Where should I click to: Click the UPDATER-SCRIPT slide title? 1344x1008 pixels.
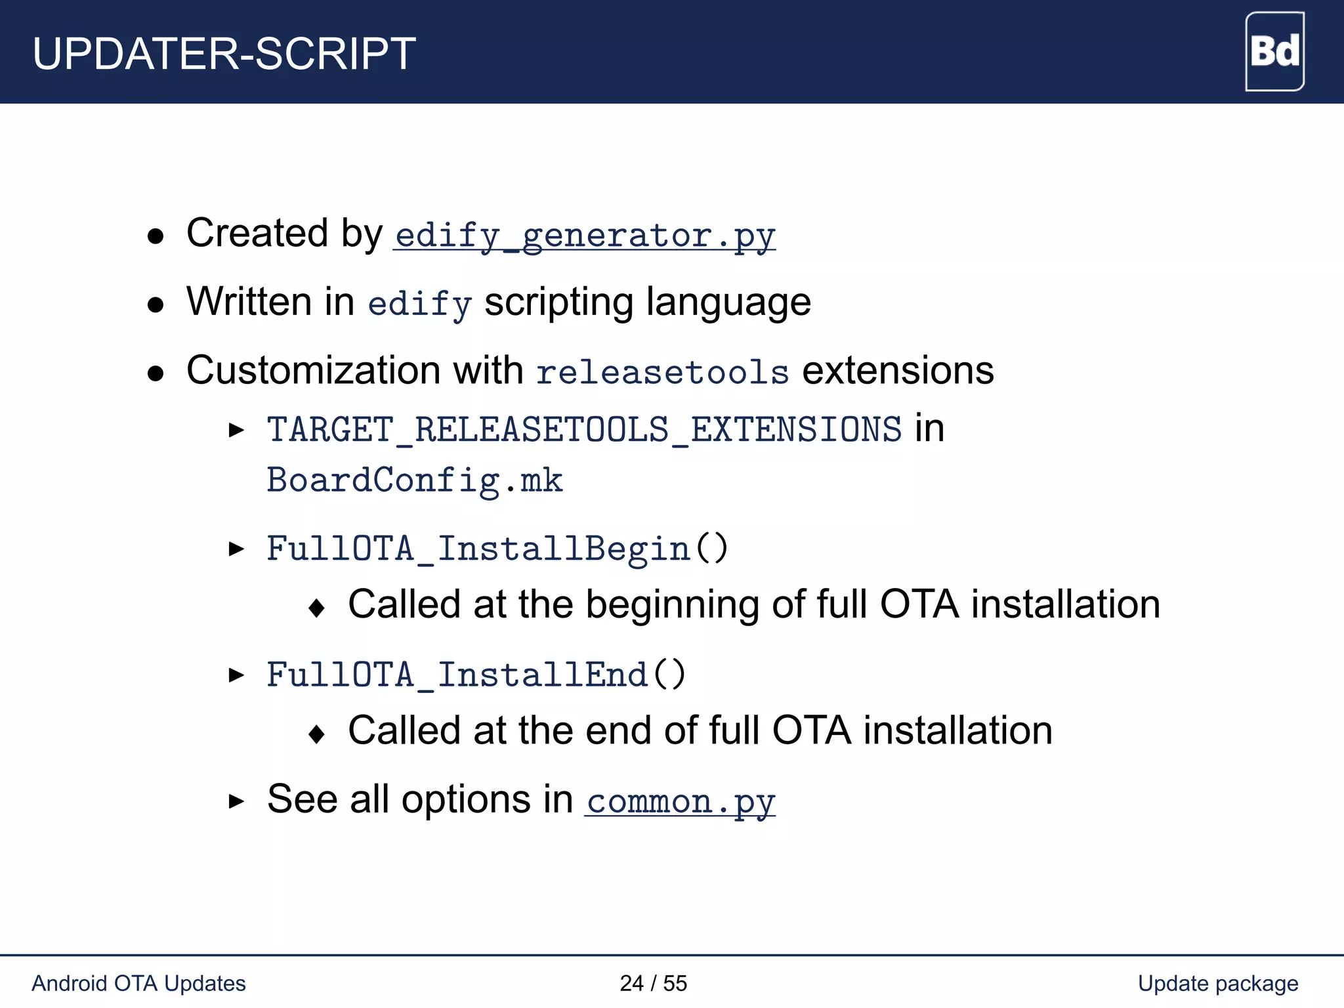224,54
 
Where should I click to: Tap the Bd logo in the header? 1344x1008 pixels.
1274,52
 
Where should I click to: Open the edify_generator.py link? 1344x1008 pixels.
585,236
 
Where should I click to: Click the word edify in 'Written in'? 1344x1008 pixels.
419,304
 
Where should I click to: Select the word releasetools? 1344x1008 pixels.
662,372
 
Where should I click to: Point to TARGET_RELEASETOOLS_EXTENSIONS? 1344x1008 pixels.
584,430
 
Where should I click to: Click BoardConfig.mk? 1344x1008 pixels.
415,481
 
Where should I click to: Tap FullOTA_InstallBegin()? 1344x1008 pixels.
497,549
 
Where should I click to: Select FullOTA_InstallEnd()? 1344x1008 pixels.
476,675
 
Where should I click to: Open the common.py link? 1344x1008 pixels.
681,801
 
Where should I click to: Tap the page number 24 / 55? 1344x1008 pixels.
653,983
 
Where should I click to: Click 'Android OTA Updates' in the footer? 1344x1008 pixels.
138,983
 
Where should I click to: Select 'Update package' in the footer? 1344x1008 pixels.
1217,983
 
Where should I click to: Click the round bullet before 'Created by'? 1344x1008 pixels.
156,236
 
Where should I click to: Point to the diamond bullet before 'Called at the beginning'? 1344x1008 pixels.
316,608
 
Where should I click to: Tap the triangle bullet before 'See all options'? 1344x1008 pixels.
236,801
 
